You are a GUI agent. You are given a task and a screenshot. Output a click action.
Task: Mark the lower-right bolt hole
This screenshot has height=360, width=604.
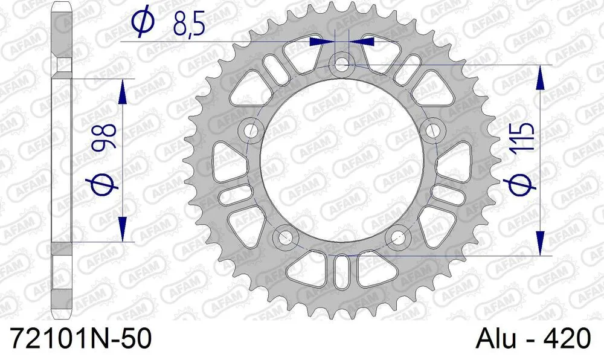pos(399,236)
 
